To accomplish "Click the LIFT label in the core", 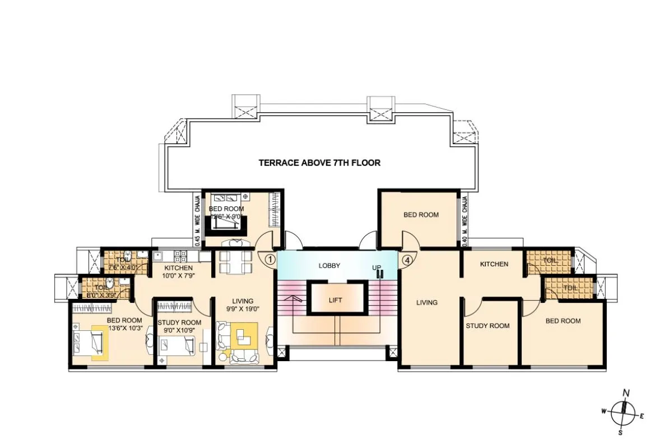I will [335, 300].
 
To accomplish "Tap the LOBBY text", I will [330, 266].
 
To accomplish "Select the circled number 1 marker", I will [270, 260].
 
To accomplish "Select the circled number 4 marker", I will [406, 260].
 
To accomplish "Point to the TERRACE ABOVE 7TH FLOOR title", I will [319, 163].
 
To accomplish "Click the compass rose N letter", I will [626, 393].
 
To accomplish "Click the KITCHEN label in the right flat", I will [494, 264].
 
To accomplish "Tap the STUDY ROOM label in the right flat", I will [488, 326].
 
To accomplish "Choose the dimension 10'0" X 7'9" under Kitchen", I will [179, 276].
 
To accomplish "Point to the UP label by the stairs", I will [377, 267].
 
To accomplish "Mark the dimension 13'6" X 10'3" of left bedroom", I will [124, 328].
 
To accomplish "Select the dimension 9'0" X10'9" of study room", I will [179, 330].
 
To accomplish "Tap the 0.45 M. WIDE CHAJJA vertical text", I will [197, 218].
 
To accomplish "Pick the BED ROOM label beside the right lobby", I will [421, 215].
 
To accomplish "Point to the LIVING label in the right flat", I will [426, 303].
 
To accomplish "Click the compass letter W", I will [604, 411].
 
